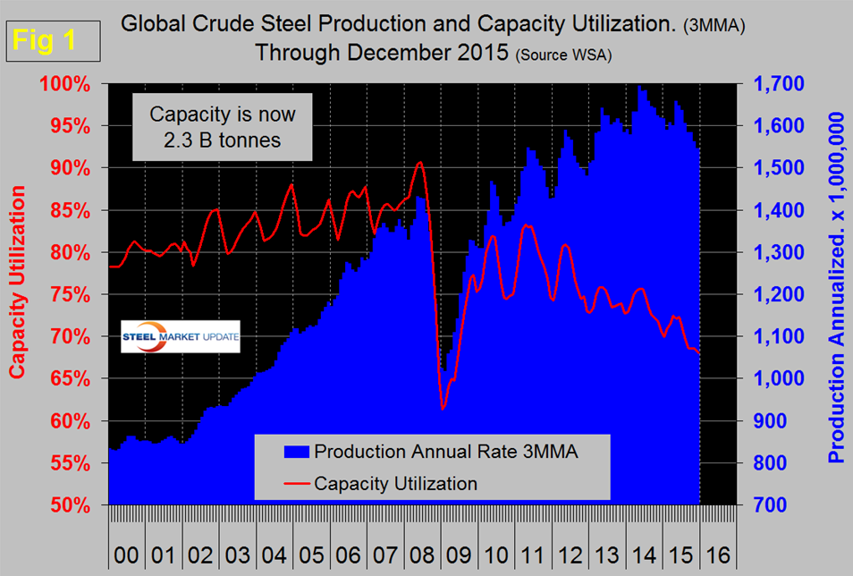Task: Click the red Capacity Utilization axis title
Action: coord(18,294)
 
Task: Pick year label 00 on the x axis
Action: coord(126,555)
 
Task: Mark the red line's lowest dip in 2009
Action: coord(442,409)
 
